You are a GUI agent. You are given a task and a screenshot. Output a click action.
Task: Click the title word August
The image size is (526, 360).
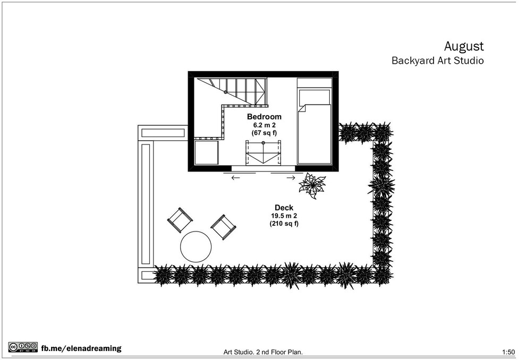(464, 47)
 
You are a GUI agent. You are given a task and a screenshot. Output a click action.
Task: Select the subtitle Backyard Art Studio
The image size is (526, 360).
(438, 61)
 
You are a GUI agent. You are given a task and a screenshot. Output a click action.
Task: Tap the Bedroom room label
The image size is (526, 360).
(265, 117)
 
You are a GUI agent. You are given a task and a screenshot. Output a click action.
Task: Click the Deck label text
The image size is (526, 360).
(284, 208)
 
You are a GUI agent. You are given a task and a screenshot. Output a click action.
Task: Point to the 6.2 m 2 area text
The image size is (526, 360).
(265, 125)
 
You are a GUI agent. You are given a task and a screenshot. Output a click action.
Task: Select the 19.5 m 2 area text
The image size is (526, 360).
(284, 216)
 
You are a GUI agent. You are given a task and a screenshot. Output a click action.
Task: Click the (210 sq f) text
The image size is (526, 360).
(284, 224)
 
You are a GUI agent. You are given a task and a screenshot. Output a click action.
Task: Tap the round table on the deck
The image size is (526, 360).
(196, 247)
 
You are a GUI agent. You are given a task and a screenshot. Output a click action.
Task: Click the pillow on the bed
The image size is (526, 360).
(315, 97)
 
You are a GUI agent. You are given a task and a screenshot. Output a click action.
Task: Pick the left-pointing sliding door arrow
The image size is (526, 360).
(235, 178)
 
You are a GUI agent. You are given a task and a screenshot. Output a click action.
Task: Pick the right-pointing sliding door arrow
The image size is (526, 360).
(291, 178)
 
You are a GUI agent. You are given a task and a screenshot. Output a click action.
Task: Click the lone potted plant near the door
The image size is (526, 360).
(312, 185)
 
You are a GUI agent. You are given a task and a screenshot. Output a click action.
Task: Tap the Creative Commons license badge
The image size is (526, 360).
(23, 347)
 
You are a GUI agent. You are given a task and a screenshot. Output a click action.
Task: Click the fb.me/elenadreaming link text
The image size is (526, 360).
(81, 348)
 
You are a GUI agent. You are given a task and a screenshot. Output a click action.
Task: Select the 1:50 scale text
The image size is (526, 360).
(508, 352)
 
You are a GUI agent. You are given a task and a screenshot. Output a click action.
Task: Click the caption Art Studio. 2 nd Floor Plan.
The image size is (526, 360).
(263, 352)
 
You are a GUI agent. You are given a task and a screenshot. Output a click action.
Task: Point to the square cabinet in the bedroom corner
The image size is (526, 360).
(207, 152)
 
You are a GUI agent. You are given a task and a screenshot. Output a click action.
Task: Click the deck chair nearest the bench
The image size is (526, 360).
(180, 220)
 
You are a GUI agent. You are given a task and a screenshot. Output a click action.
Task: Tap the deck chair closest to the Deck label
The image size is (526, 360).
(223, 227)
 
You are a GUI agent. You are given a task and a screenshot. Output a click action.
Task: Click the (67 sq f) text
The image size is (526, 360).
(265, 133)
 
